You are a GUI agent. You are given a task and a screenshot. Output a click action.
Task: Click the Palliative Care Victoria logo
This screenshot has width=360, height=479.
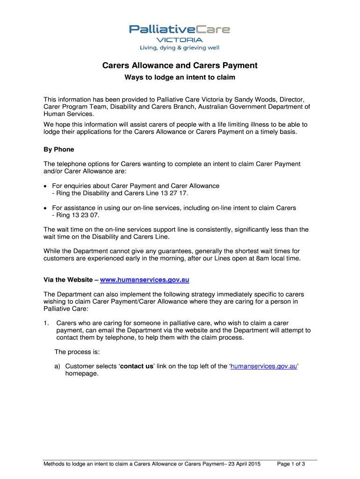[x=180, y=30]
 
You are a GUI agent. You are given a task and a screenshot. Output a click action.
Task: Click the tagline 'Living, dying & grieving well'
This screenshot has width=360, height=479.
[x=180, y=48]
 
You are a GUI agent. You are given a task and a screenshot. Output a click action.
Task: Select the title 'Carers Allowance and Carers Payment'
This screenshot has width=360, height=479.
[x=180, y=66]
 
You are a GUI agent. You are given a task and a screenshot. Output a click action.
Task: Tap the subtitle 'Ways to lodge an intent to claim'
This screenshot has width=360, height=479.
[x=180, y=77]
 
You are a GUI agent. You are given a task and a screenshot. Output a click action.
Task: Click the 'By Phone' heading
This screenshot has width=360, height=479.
[x=59, y=150]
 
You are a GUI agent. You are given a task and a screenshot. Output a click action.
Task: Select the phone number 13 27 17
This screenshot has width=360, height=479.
[x=177, y=193]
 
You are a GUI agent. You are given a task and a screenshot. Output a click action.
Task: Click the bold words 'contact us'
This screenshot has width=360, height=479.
[x=137, y=366]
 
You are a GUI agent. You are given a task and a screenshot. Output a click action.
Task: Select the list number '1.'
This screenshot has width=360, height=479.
[x=46, y=323]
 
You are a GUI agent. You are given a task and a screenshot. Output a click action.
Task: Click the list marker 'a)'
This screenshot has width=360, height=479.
[x=58, y=366]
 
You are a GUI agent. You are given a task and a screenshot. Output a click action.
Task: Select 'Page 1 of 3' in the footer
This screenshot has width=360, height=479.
[x=291, y=464]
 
